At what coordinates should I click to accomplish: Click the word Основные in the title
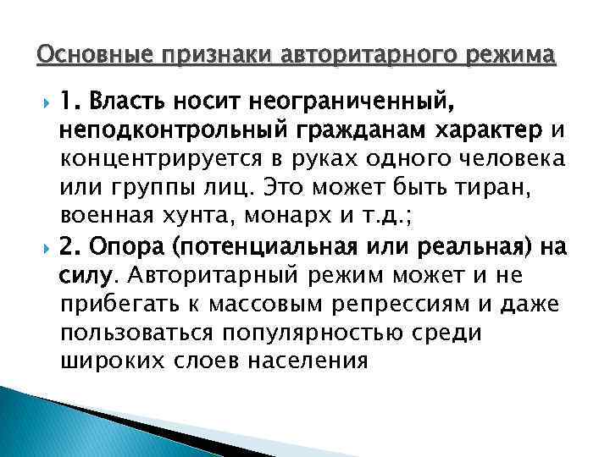[x=81, y=56]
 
